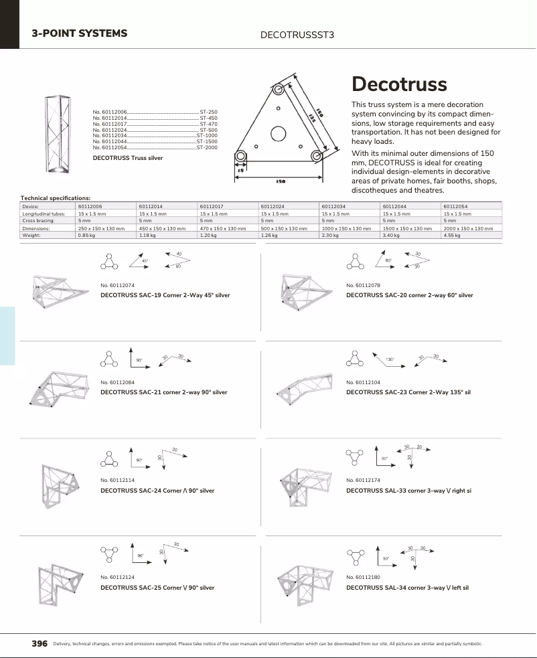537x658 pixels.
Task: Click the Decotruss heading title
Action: (x=399, y=84)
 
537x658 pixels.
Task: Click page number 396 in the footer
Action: (x=40, y=643)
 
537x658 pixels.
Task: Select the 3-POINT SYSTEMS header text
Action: (x=80, y=33)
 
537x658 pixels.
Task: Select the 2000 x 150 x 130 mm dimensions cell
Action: (x=471, y=228)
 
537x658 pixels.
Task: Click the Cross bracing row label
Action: (x=38, y=221)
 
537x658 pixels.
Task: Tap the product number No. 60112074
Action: (x=117, y=286)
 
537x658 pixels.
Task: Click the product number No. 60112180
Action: (x=363, y=576)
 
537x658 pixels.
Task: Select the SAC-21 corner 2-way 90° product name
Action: (x=163, y=392)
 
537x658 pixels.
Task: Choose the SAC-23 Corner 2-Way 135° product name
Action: (x=408, y=392)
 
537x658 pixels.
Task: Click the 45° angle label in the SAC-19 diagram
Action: (x=145, y=261)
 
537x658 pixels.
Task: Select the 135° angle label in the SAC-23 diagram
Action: (x=389, y=360)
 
